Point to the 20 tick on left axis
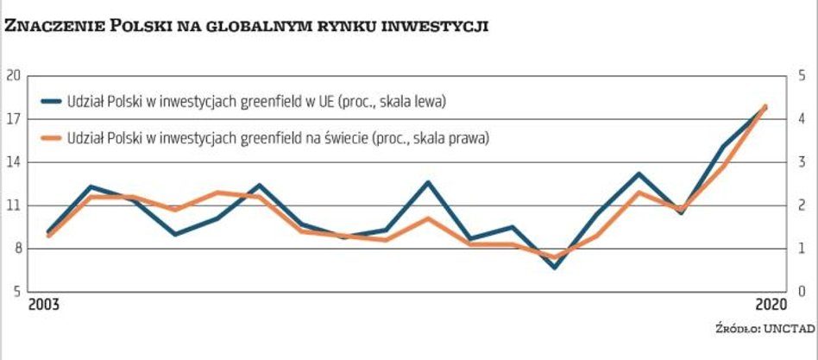coord(12,75)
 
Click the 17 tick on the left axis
coord(12,118)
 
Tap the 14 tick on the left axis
coord(12,161)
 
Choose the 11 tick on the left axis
coord(12,205)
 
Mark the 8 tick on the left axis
coord(15,249)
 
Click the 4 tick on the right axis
coord(802,118)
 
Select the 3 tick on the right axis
coord(802,161)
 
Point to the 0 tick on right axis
coord(802,292)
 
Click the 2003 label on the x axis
coord(44,305)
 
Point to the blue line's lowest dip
coord(554,267)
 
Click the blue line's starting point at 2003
coord(49,232)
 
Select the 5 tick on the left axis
coord(15,292)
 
